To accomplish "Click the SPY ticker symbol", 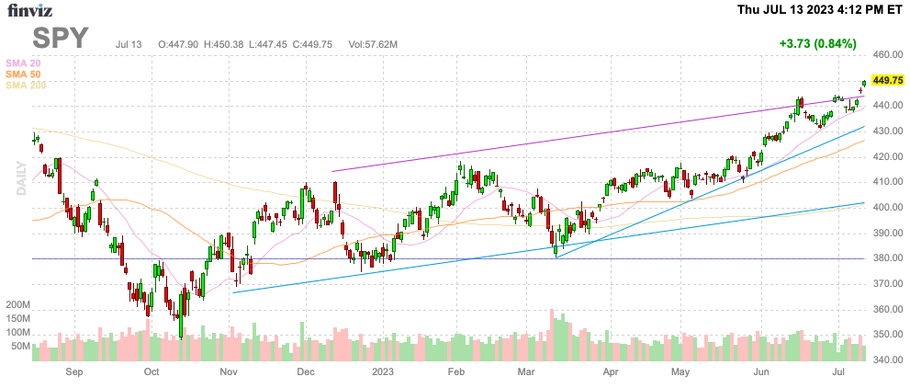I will point(62,38).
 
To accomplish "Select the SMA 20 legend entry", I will point(23,63).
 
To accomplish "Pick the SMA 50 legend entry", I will point(23,74).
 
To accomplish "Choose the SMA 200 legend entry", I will point(26,85).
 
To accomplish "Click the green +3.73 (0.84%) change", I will point(816,43).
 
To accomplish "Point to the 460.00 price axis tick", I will point(887,55).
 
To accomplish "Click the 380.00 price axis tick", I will point(887,258).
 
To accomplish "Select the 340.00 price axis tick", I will point(887,360).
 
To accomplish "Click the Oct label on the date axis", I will point(152,373).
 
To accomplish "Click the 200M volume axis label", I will point(18,304).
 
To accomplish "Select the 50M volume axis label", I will point(20,347).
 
